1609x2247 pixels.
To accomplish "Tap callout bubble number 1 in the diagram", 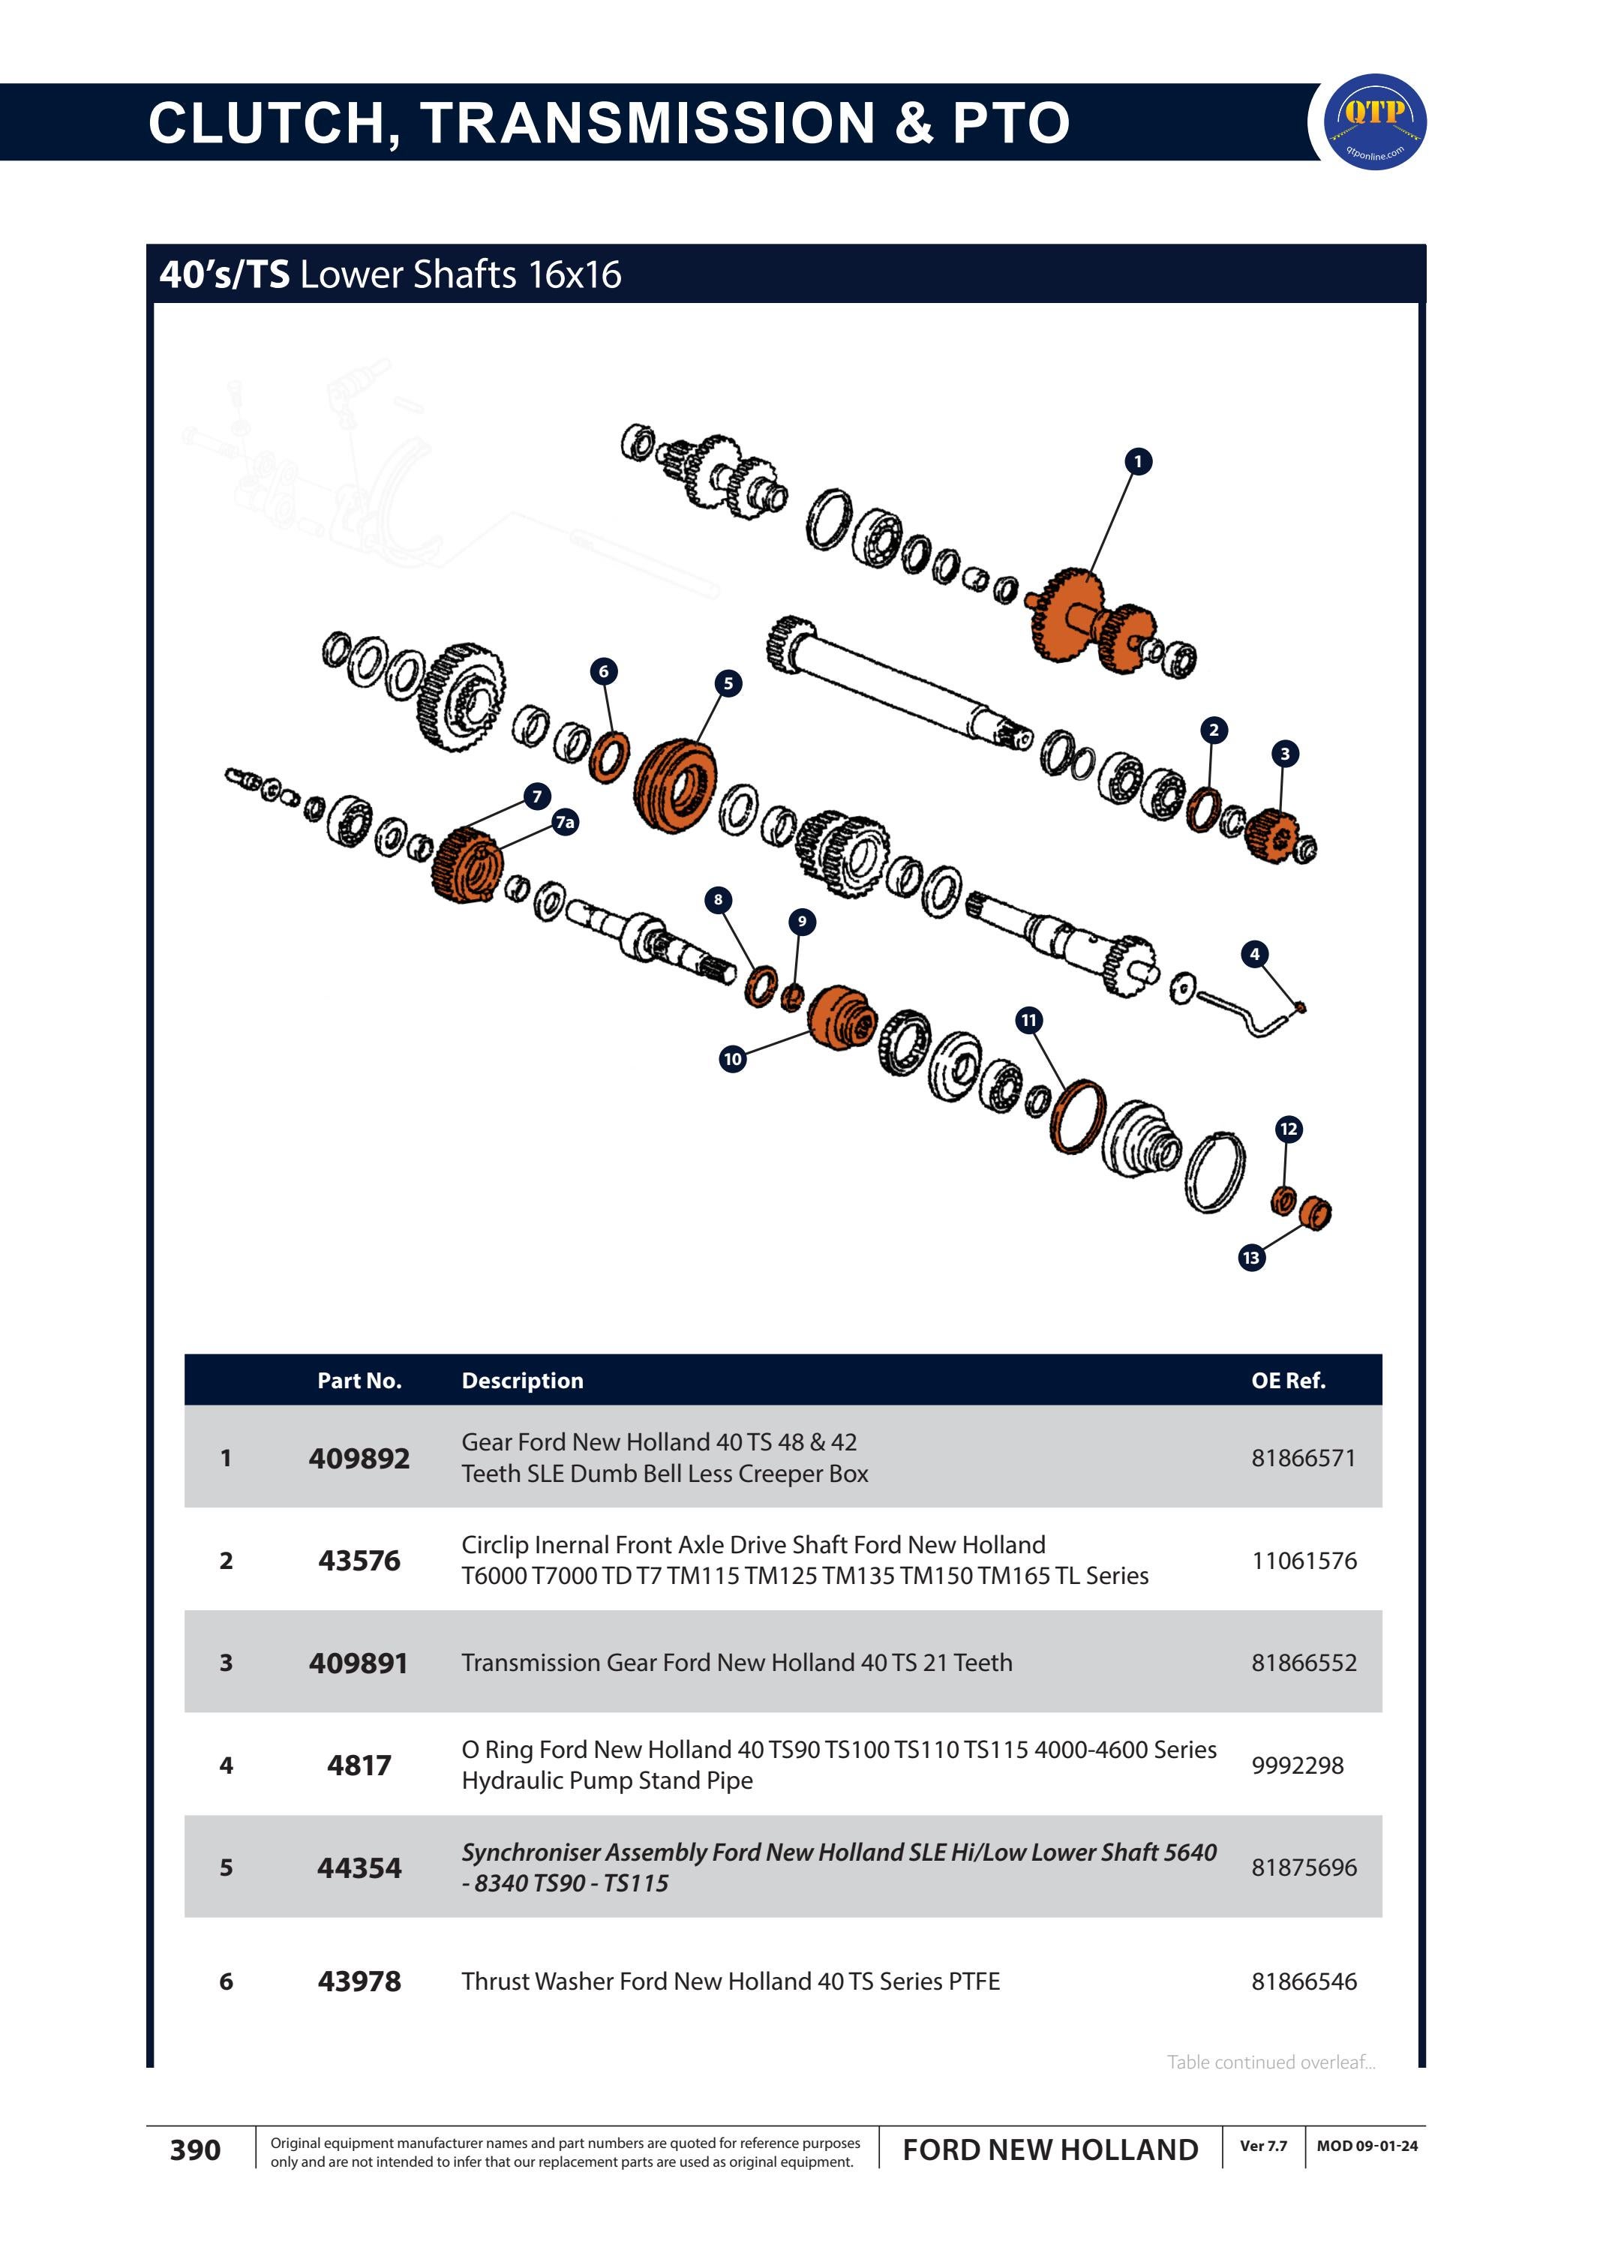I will click(1139, 462).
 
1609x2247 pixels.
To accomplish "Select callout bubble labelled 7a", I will click(565, 822).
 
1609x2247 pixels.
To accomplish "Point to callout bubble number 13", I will click(1251, 1258).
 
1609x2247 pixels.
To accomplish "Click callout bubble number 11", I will click(1029, 1021).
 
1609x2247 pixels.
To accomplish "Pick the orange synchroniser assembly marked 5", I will click(674, 787).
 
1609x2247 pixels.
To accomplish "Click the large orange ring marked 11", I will click(1078, 1117).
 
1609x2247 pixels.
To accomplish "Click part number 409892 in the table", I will click(359, 1458).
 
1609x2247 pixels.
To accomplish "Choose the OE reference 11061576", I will click(1304, 1561).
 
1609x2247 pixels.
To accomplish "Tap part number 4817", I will click(359, 1765).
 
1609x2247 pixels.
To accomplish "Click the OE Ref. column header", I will click(1288, 1380).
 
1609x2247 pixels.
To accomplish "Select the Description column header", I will click(522, 1380).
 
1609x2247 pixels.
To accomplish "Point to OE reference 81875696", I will click(1304, 1867).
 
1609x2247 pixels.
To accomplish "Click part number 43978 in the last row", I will click(359, 1981).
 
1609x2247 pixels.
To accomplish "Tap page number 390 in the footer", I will click(195, 2150).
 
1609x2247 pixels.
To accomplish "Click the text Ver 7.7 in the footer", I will click(1263, 2146).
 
